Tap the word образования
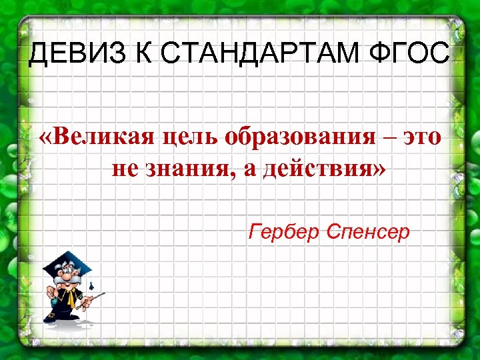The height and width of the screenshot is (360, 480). coord(301,138)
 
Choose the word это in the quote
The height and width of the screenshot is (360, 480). coord(421,138)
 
